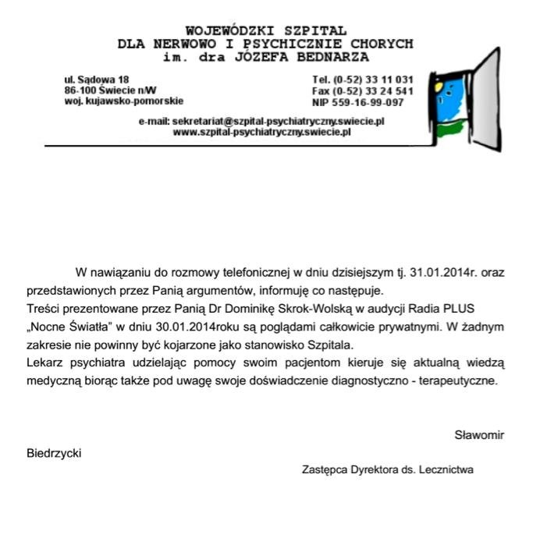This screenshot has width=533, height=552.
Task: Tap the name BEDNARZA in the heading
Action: click(x=330, y=57)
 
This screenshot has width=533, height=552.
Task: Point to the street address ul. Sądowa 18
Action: click(x=96, y=80)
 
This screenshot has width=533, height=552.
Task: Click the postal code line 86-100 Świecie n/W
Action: click(x=110, y=90)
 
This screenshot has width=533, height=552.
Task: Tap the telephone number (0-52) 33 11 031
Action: click(x=373, y=80)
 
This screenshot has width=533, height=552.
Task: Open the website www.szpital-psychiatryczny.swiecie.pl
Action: click(x=261, y=132)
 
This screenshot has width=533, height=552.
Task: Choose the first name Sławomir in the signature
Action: click(x=479, y=435)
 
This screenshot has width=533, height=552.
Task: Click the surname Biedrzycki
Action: click(x=54, y=453)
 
